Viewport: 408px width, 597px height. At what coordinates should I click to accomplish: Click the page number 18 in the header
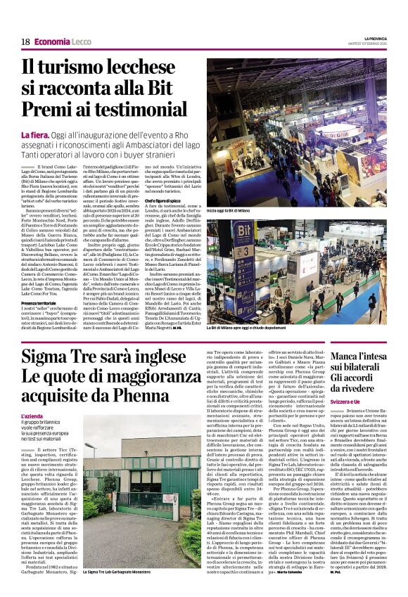pyautogui.click(x=25, y=42)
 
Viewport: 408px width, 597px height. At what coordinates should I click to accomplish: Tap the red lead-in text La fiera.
pyautogui.click(x=54, y=134)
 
